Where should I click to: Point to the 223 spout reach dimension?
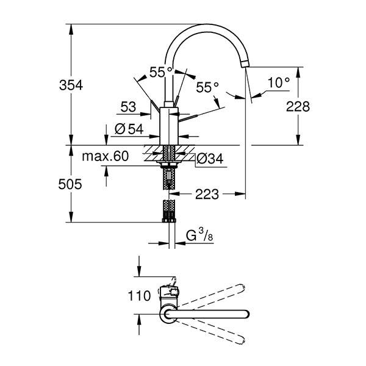point(207,195)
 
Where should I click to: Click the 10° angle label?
point(278,82)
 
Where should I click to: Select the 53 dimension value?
point(128,107)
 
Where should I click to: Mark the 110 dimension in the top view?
point(140,296)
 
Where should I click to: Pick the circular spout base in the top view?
point(168,314)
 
